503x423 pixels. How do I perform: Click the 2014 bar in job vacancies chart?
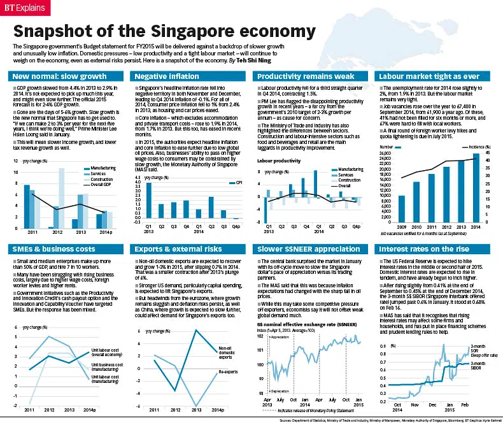(475, 188)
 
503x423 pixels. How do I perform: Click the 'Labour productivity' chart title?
(279, 161)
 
